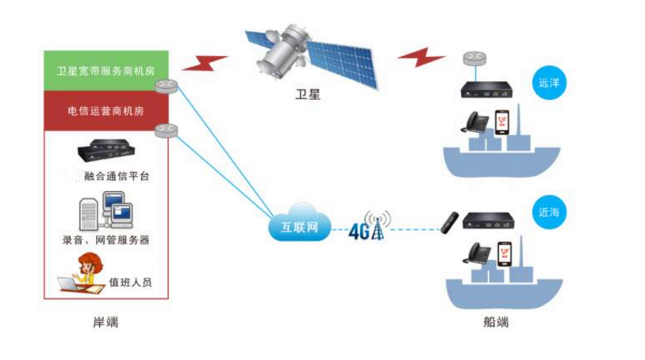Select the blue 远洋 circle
[548, 82]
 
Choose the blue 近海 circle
[548, 212]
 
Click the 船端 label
[495, 322]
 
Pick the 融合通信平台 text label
[117, 176]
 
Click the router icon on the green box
[167, 86]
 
